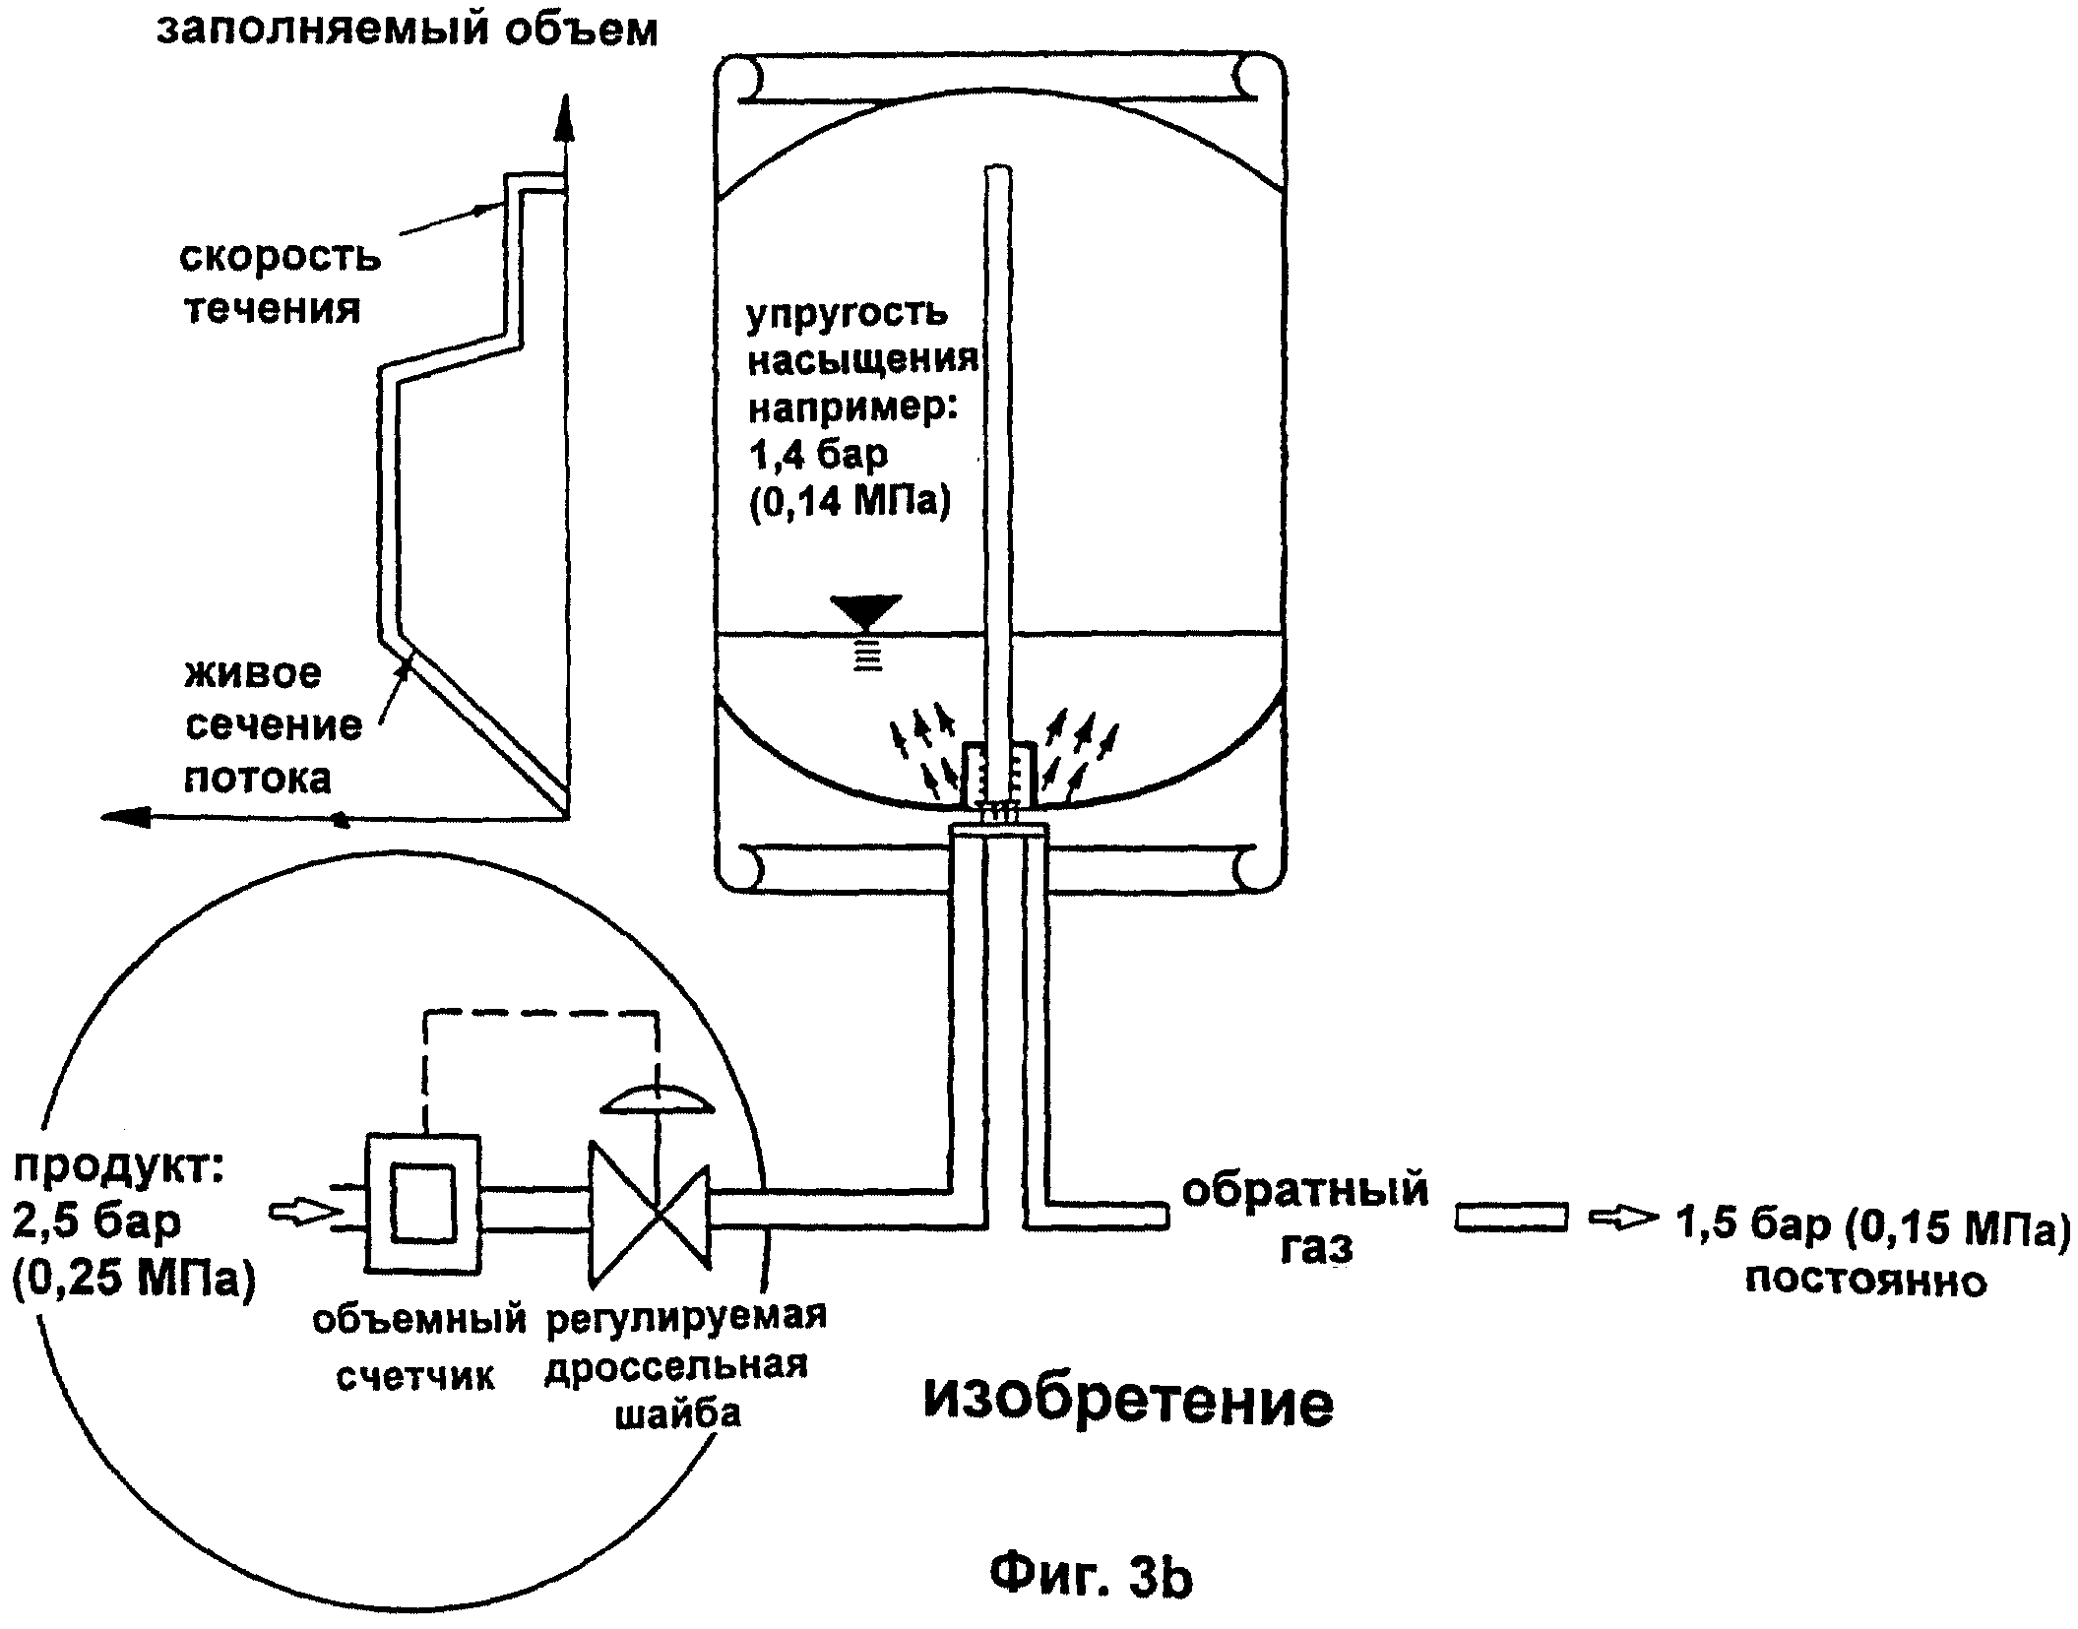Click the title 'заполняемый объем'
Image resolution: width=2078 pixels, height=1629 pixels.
pos(407,30)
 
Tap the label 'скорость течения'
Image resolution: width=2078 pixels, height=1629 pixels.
pos(279,282)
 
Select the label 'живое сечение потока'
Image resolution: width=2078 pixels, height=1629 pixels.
pos(273,725)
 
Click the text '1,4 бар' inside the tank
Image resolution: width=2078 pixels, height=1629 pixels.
pos(818,454)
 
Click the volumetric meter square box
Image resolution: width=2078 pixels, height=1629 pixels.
pos(423,1203)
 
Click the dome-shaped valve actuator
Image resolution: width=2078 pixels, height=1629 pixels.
pos(658,1098)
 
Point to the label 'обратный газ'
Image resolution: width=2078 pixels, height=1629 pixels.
pos(1304,1219)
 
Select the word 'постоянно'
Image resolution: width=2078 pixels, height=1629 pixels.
pos(1865,1281)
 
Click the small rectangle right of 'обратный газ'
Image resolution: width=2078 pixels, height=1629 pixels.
pos(1511,1218)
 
